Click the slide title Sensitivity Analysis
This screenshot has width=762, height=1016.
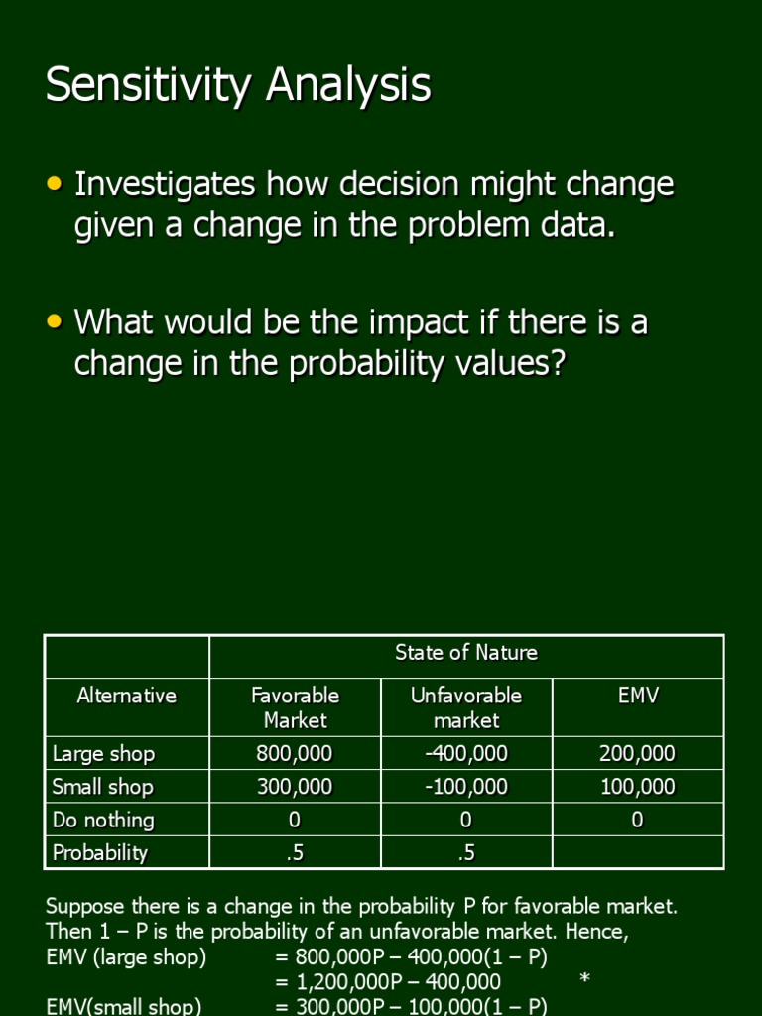pos(238,85)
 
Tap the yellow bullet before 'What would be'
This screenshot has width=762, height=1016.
pos(55,321)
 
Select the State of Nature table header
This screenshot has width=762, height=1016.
pos(466,653)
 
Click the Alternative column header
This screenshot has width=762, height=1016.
pos(126,696)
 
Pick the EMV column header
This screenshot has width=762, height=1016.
pos(637,696)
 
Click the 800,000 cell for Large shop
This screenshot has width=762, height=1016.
pos(295,754)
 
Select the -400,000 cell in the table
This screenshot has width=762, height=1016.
pos(465,754)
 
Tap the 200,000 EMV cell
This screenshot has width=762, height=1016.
pos(637,754)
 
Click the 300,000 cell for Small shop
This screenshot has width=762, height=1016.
pos(295,788)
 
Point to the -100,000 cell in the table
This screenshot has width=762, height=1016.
pos(465,788)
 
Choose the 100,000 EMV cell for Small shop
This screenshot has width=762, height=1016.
pos(637,788)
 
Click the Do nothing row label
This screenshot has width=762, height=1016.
pos(103,821)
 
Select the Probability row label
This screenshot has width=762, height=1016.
pos(99,853)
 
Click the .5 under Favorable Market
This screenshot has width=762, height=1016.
pos(295,853)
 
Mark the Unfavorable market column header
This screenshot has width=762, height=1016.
pos(465,707)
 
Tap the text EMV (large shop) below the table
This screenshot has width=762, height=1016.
pos(126,957)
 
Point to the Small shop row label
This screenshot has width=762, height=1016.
pos(102,788)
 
